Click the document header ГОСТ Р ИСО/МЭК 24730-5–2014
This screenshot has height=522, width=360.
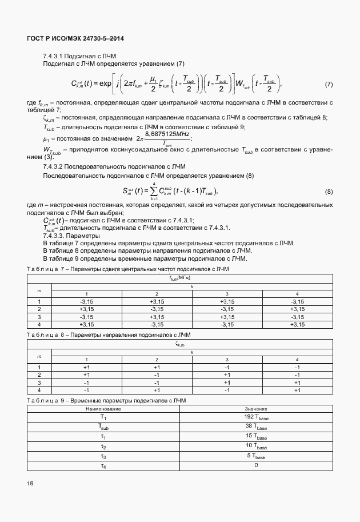coord(75,38)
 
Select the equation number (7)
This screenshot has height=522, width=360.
coord(329,84)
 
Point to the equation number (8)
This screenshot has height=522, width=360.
coord(329,191)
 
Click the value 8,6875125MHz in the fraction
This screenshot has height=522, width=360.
coord(168,133)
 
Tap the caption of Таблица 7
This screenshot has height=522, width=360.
coord(128,268)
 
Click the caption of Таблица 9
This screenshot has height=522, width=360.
coord(114,400)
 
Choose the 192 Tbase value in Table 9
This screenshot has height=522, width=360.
coord(255,417)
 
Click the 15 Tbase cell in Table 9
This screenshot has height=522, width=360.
coord(255,436)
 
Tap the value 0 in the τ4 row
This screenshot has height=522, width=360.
coord(255,465)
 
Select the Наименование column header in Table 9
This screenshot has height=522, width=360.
coord(103,409)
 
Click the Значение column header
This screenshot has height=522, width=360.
coord(255,409)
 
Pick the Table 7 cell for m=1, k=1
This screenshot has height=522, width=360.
coord(87,301)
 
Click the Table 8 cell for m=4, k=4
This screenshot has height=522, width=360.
coord(297,390)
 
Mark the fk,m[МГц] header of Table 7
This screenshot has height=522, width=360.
coord(180,277)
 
